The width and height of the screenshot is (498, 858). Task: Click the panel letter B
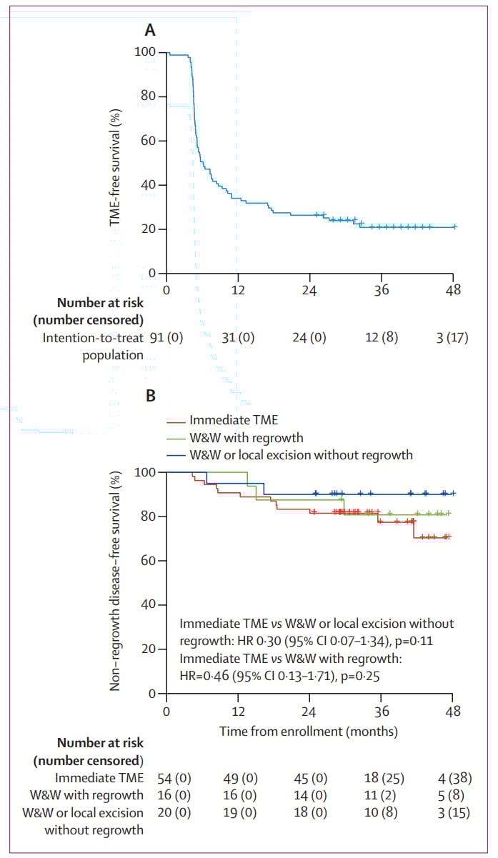pos(150,395)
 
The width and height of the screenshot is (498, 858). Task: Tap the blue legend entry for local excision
pos(301,454)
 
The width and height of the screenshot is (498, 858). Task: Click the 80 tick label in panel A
pos(146,96)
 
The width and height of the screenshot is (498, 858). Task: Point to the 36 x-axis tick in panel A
pos(382,289)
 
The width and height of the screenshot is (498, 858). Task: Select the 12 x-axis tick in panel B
pos(238,712)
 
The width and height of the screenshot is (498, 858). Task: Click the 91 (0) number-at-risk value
pos(166,338)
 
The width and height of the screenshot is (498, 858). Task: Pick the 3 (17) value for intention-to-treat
pos(449,338)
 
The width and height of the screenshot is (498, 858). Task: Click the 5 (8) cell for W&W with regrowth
pos(454,795)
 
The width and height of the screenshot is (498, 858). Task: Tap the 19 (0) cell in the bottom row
pos(238,813)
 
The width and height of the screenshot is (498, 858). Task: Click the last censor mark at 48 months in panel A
pos(454,226)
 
